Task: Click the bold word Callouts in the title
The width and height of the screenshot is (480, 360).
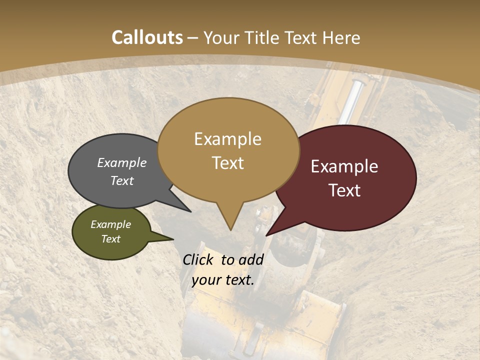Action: point(147,37)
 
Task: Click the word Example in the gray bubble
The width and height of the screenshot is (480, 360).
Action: point(122,162)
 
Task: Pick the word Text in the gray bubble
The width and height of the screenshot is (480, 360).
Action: point(122,180)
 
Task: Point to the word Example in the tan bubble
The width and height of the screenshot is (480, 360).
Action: point(227,139)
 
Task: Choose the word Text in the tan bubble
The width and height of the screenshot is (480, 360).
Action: point(228,163)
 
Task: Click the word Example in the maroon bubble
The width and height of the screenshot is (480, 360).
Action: point(344,166)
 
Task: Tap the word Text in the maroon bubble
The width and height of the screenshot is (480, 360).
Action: point(345,190)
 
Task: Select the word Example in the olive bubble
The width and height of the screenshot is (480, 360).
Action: point(111,224)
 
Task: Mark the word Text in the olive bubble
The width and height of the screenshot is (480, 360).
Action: point(111,239)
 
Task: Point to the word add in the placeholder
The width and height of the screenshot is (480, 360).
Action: point(251,259)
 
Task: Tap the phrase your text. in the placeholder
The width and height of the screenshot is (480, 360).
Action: point(223,280)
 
